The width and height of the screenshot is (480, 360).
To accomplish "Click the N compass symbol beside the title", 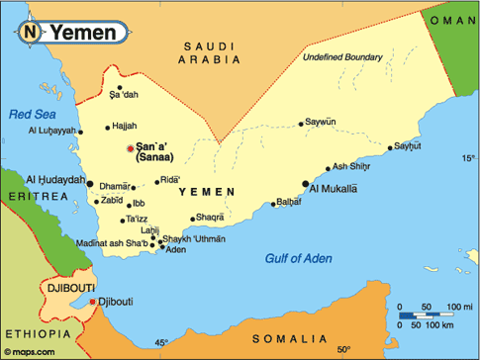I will coord(30,32).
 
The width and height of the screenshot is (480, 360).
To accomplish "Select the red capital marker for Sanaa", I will coord(130,148).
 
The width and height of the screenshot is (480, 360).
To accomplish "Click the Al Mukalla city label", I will coord(334,187).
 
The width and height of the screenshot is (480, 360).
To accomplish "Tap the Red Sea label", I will coord(30,115).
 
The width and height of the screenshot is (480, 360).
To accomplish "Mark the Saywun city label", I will coord(321,123).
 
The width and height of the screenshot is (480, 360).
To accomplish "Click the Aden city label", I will coord(175,249).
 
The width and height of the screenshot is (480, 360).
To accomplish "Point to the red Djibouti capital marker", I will coord(92,302).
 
